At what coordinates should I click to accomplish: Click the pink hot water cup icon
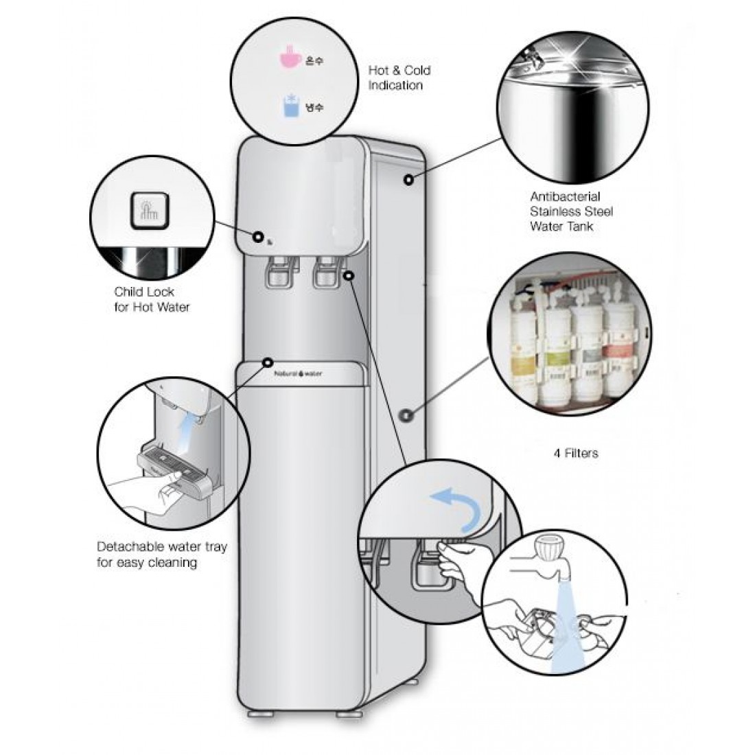point(291,60)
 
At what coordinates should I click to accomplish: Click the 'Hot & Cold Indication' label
point(399,78)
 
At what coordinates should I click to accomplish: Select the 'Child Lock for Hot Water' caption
point(152,299)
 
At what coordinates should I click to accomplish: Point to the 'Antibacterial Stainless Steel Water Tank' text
point(571,211)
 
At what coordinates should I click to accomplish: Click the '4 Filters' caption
point(575,453)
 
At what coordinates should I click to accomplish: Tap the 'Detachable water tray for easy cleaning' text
point(161,555)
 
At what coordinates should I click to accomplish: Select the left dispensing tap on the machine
point(278,270)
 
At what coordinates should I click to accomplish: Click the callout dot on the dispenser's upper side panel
point(408,180)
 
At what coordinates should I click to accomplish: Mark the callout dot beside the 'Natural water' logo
point(266,362)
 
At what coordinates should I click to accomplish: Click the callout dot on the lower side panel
point(405,415)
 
